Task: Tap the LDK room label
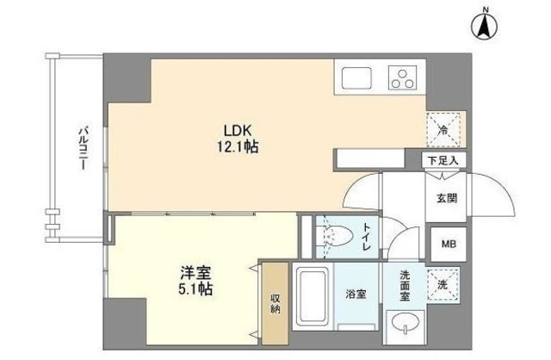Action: (238, 130)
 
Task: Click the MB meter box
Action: (449, 243)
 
